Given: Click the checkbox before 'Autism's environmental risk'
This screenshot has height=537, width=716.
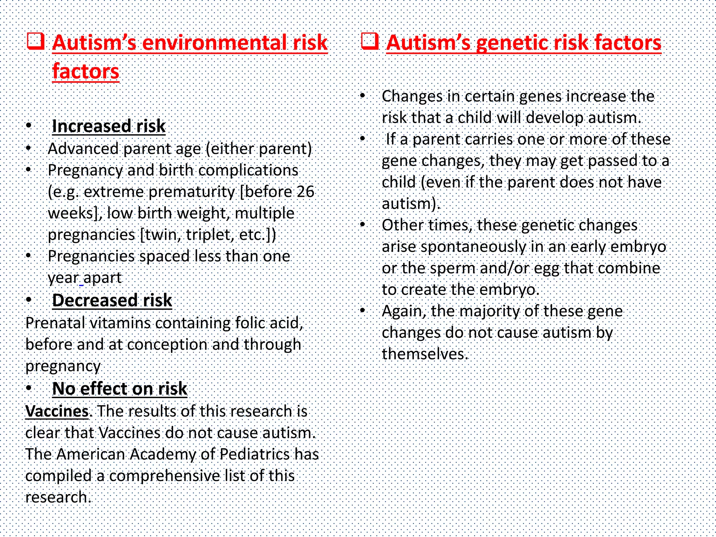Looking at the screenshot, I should [36, 42].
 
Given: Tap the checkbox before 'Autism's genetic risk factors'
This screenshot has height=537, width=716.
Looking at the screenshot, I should [370, 42].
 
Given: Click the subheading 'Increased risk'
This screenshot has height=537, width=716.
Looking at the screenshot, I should [108, 126].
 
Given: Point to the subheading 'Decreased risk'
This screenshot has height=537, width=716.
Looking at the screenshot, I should [112, 300].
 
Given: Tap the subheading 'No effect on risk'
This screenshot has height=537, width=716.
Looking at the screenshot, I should [120, 388].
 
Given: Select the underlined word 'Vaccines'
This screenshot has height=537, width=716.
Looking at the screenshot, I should [57, 411].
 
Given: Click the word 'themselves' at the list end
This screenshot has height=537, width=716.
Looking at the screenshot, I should [423, 354].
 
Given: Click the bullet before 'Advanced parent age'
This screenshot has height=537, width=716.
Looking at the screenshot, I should [29, 148].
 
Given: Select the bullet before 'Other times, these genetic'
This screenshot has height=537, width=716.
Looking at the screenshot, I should [363, 224].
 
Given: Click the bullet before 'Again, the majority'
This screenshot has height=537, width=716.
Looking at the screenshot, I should [363, 310].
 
